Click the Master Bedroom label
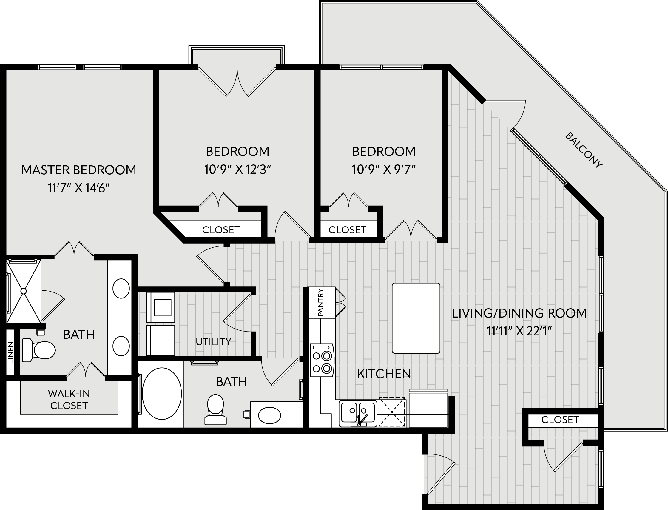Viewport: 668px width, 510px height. pos(78,170)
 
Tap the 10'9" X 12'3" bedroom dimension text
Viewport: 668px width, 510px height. pos(237,170)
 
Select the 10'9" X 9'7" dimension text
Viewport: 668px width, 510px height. pos(384,170)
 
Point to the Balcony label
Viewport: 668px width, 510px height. pos(584,150)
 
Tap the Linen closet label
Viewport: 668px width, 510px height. pos(11,352)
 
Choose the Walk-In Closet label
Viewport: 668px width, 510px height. pos(69,400)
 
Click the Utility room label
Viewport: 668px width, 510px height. pos(213,342)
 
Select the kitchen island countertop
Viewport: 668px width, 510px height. pos(416,318)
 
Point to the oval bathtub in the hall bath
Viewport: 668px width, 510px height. pos(161,394)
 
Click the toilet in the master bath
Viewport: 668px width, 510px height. pos(39,350)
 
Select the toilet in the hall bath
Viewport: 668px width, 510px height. pos(215,409)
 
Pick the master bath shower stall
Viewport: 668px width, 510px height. pos(24,291)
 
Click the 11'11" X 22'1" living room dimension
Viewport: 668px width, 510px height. pos(519,331)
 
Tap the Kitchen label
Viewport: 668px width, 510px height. pos(384,374)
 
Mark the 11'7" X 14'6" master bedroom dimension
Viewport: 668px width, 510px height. pos(78,188)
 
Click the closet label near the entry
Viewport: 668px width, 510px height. pos(560,420)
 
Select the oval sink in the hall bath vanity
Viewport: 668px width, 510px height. pos(269,415)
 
